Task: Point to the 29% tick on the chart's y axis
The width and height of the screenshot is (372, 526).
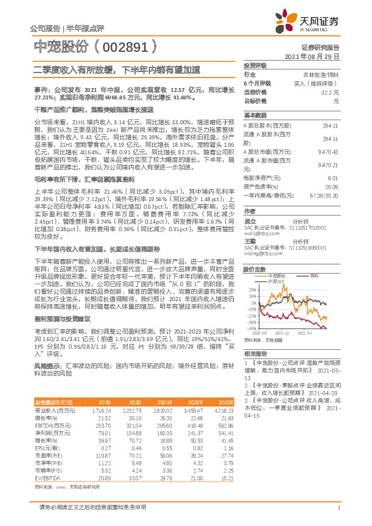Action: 253,290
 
